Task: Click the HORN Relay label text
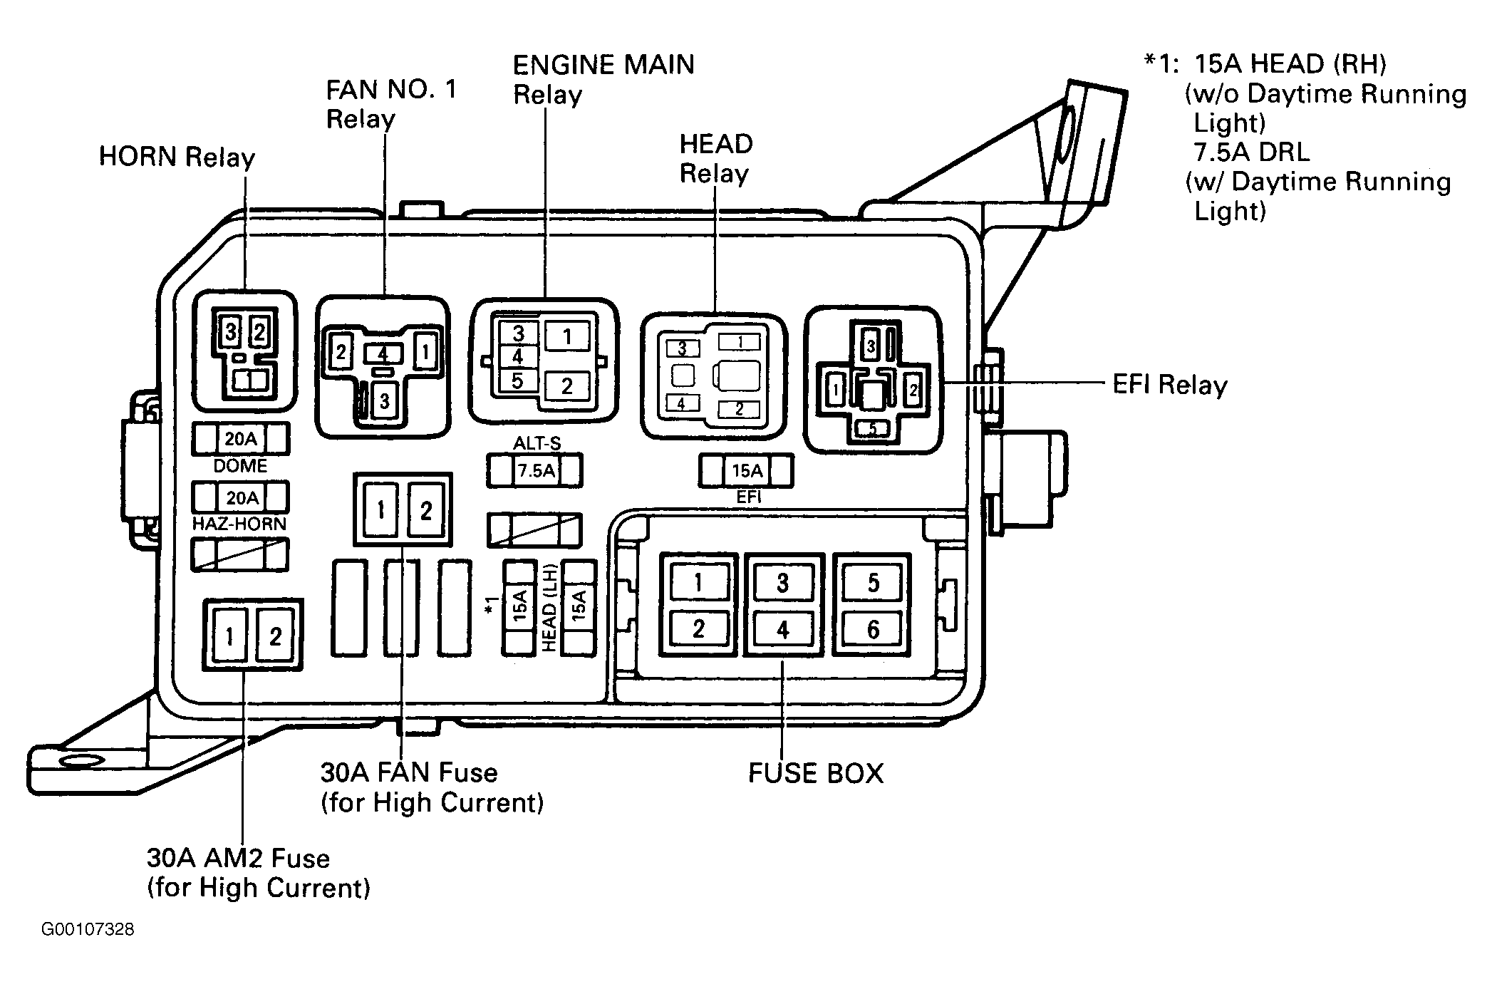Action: point(177,157)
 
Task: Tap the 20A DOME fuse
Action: point(241,439)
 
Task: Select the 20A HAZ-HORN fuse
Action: point(241,497)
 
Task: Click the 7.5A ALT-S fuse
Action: point(534,470)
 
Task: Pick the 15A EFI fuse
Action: point(747,470)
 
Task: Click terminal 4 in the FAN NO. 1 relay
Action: point(383,353)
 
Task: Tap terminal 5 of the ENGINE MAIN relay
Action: point(518,380)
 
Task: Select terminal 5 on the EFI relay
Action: point(872,428)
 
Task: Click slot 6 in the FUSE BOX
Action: point(873,629)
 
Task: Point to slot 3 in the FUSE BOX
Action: point(783,584)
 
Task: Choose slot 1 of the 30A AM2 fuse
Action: point(229,636)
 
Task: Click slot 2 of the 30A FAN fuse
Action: point(425,510)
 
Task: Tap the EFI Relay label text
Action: point(1170,385)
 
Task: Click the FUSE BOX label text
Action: point(816,773)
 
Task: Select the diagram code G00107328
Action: point(88,930)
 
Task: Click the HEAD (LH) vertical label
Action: point(549,606)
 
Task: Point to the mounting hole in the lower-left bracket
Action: point(81,760)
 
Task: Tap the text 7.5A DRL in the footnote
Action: point(1252,152)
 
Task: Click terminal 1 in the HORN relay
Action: point(251,380)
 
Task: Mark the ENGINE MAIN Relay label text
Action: point(603,79)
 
